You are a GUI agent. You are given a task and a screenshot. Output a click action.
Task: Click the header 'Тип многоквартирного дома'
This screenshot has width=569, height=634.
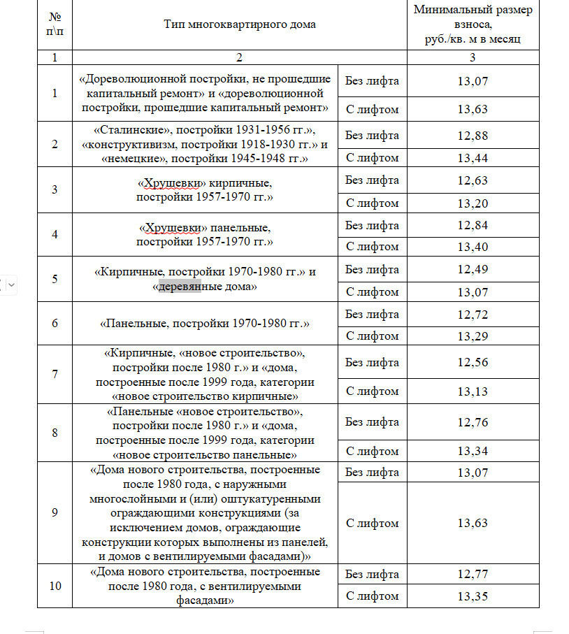click(240, 24)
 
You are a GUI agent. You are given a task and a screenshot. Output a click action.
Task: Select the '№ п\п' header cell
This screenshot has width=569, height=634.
click(55, 24)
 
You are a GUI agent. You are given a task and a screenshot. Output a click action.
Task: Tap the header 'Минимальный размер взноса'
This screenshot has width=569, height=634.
click(473, 24)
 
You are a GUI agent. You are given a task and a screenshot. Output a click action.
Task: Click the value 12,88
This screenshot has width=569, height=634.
click(473, 136)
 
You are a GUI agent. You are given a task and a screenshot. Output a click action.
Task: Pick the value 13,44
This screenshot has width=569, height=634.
click(473, 158)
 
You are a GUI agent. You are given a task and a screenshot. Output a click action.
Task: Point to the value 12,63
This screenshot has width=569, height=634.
click(473, 180)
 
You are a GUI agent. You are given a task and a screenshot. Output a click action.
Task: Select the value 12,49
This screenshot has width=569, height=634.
click(473, 270)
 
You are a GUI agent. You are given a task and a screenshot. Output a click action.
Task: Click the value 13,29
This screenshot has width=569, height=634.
click(473, 336)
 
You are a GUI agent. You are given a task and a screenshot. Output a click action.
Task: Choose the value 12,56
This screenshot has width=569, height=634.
click(473, 362)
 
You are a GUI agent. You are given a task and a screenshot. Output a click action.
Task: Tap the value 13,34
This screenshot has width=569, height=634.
click(473, 451)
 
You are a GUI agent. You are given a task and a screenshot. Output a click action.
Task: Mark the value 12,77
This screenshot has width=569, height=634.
click(473, 575)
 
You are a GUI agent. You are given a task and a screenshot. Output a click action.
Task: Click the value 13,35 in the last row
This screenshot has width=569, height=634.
click(473, 596)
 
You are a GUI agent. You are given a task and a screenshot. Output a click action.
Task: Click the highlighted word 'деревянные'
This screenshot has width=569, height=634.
click(180, 287)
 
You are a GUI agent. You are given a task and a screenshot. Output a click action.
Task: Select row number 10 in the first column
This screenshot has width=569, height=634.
click(55, 586)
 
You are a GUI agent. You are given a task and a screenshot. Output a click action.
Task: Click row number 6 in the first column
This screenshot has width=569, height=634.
click(55, 324)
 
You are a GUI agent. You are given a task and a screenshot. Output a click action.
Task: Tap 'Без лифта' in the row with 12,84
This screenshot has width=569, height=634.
click(372, 226)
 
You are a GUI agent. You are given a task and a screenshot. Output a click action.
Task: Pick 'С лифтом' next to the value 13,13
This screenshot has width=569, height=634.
click(372, 391)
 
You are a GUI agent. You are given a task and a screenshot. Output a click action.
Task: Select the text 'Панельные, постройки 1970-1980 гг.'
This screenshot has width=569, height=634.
click(205, 324)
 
